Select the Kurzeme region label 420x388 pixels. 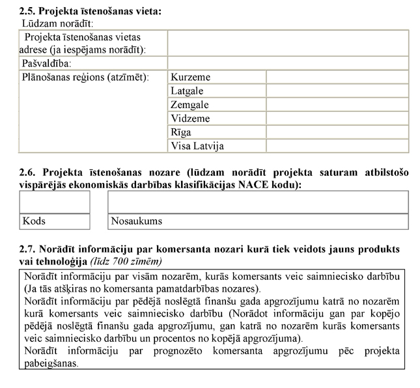point(190,77)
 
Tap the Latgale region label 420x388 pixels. point(188,91)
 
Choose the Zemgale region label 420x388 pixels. point(189,105)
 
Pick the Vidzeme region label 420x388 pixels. point(190,118)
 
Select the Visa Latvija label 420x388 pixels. point(197,146)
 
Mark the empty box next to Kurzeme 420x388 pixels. point(337,77)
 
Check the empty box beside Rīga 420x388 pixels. point(337,132)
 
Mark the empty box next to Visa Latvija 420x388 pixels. point(337,146)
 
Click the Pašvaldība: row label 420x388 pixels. point(47,64)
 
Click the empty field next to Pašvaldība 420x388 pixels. point(287,64)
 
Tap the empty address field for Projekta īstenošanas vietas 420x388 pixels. point(287,43)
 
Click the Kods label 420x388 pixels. point(34,221)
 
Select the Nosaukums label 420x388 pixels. point(136,221)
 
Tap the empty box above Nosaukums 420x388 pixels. point(258,202)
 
